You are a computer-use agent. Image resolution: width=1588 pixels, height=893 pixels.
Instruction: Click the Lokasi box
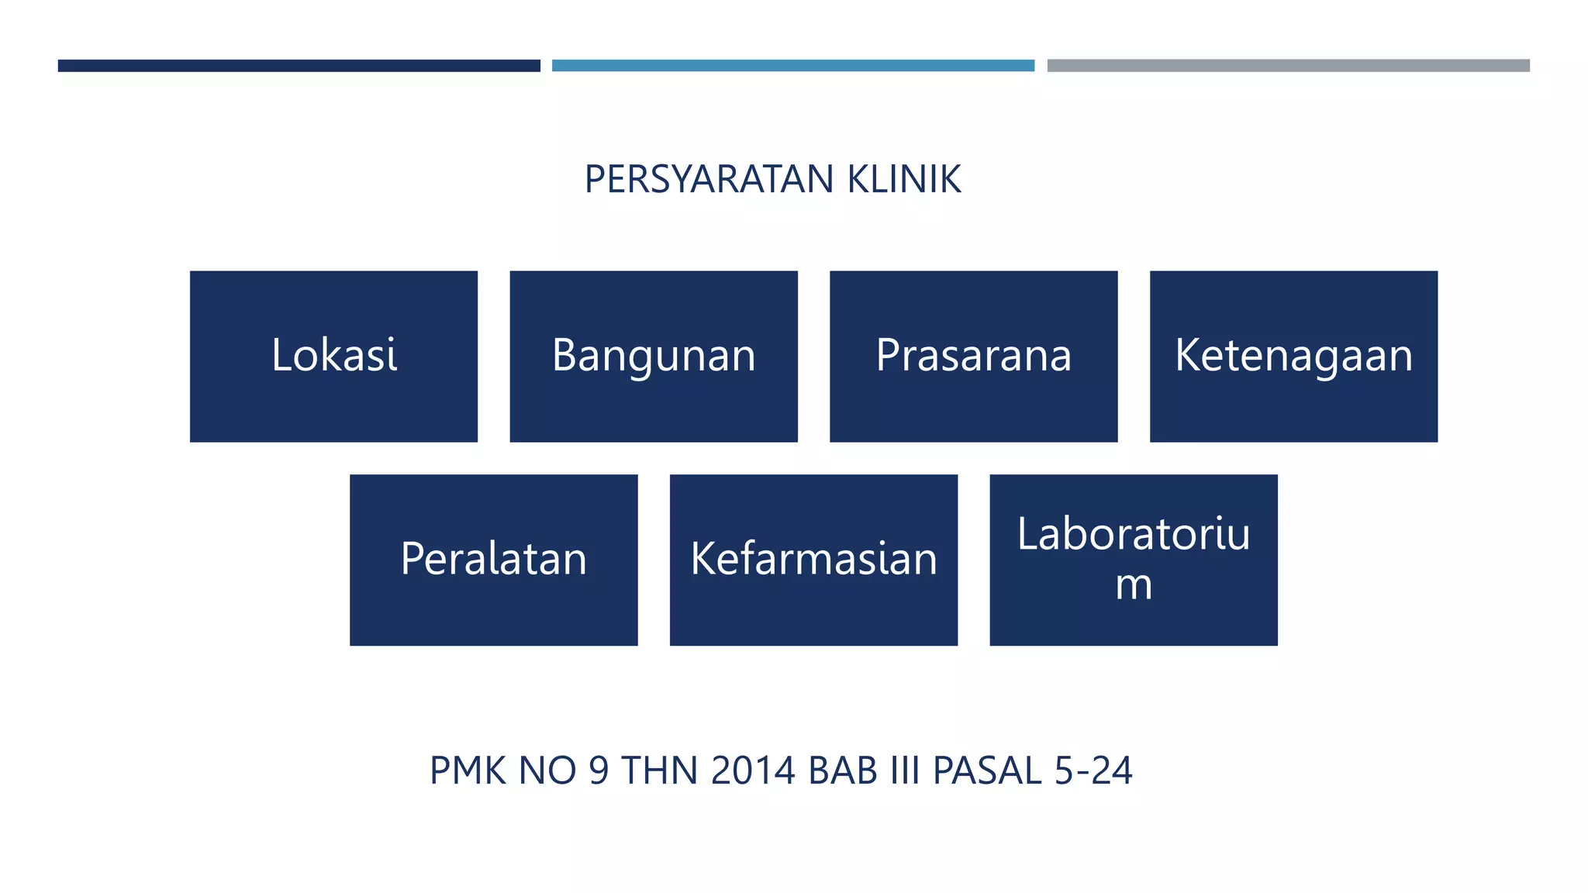pos(333,357)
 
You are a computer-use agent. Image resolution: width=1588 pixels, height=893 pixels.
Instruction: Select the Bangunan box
pos(654,357)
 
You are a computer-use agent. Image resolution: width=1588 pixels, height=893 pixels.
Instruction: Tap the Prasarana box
pos(973,357)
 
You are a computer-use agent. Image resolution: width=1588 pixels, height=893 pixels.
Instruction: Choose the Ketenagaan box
pos(1293,357)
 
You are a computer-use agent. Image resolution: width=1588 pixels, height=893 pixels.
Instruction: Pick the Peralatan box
pos(493,560)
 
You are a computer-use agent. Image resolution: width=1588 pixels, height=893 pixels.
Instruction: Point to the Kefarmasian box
pos(813,560)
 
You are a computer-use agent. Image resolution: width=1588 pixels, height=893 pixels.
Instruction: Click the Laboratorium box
pos(1133,560)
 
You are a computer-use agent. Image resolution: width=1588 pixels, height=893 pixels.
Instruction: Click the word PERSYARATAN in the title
pos(709,180)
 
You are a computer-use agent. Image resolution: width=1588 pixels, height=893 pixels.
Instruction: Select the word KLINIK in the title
pos(904,180)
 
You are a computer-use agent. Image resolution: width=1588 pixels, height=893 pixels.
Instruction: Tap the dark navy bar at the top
pos(299,66)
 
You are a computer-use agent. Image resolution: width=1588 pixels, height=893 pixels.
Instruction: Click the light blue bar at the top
pos(792,66)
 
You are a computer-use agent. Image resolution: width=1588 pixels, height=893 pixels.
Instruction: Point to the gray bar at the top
pos(1288,66)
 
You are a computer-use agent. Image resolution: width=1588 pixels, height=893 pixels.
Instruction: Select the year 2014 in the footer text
pos(753,771)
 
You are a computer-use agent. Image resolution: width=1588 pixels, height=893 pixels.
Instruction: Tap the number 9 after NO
pos(599,771)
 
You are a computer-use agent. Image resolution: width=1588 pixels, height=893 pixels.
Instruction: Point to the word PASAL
pos(987,771)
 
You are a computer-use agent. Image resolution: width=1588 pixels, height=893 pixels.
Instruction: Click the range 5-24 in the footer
pos(1093,771)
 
